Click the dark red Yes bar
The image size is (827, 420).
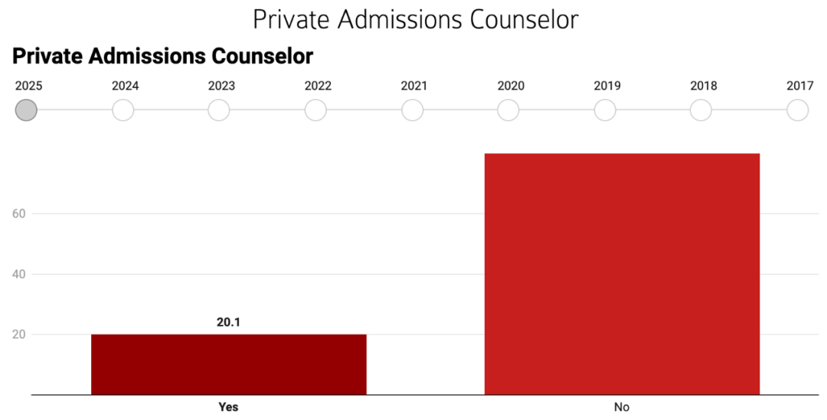point(228,364)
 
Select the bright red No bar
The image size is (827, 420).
point(622,274)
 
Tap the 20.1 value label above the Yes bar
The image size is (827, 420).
point(228,323)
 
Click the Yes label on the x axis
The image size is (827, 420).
point(228,407)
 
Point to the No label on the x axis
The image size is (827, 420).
point(622,407)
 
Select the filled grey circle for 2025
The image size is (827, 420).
point(27,110)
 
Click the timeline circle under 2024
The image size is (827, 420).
point(123,110)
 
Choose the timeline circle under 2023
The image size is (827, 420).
point(219,110)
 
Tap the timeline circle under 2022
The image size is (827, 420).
point(315,110)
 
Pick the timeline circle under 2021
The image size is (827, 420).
point(413,110)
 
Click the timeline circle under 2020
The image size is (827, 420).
point(508,110)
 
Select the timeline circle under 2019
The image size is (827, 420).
point(605,110)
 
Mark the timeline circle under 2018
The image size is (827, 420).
point(701,110)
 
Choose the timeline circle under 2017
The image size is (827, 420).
point(798,110)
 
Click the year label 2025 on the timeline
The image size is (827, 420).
point(29,86)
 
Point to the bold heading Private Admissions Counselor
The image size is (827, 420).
point(163,56)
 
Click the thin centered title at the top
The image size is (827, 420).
point(415,19)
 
